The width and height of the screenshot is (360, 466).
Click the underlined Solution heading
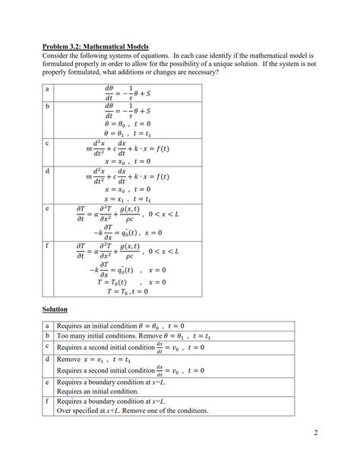(55, 309)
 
